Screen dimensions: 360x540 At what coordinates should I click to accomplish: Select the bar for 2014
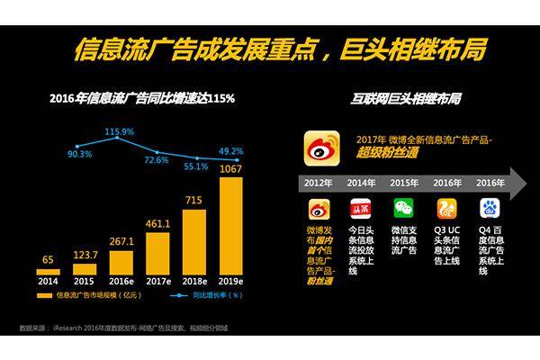pyautogui.click(x=48, y=271)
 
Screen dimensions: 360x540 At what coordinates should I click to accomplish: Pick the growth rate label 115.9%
pyautogui.click(x=119, y=131)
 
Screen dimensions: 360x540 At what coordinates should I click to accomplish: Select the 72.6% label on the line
pyautogui.click(x=157, y=160)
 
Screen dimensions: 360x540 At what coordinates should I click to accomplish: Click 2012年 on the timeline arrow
pyautogui.click(x=319, y=183)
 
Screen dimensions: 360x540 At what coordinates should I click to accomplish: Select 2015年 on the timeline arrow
pyautogui.click(x=402, y=183)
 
